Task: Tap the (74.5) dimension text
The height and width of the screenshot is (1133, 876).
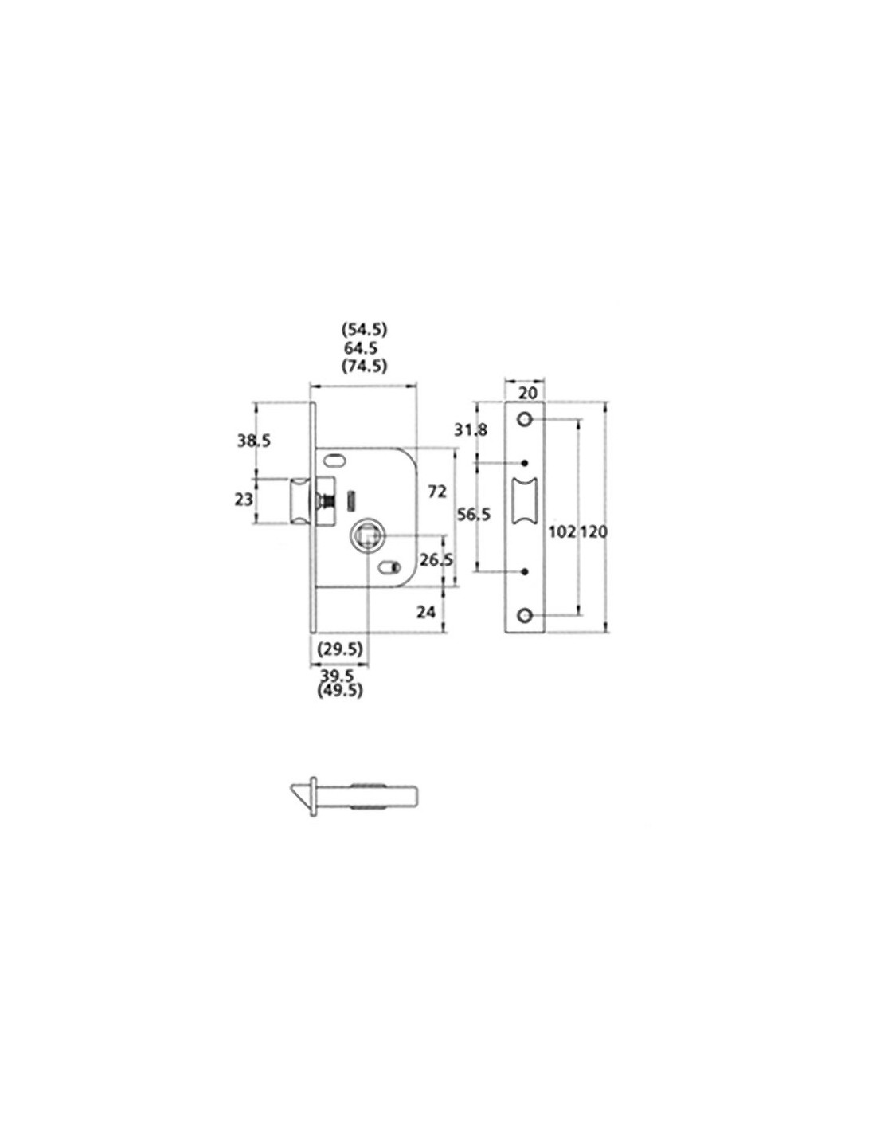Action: [364, 367]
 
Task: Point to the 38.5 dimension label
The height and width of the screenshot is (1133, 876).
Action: [254, 441]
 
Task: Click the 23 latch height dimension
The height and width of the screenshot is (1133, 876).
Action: [244, 500]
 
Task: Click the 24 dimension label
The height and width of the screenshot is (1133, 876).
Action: [426, 612]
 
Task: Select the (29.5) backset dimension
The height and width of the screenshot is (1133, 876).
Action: [339, 649]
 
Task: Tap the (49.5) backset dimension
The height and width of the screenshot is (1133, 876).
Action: [339, 691]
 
